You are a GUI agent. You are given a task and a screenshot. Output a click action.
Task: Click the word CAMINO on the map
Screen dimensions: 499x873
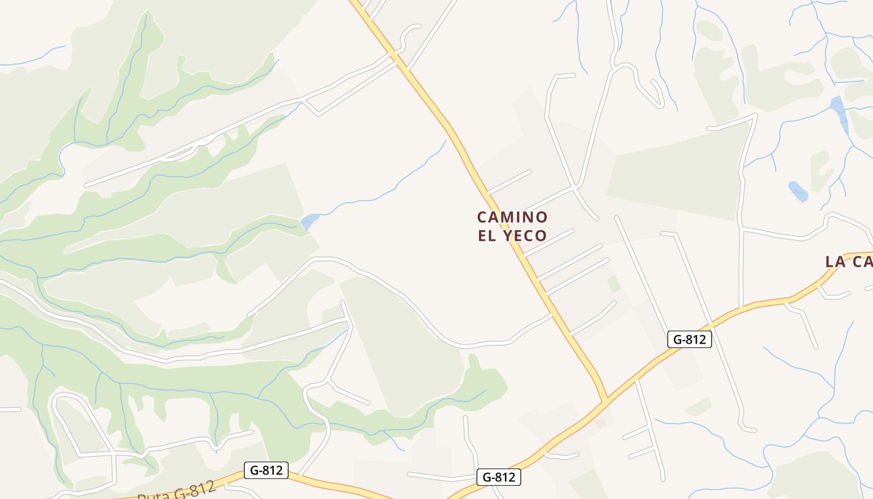click(x=512, y=217)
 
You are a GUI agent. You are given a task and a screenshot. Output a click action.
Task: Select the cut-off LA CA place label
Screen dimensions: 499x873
click(x=848, y=262)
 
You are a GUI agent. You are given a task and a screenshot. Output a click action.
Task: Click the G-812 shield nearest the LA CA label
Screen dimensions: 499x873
click(x=689, y=339)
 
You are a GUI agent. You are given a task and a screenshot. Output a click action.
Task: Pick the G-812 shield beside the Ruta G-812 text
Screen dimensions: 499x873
click(x=266, y=470)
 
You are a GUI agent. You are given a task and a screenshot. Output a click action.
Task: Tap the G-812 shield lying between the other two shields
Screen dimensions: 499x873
click(x=499, y=477)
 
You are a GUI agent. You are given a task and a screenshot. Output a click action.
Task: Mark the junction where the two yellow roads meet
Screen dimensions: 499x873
click(x=604, y=402)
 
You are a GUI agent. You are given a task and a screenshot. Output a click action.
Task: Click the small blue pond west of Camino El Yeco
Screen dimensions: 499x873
click(x=310, y=221)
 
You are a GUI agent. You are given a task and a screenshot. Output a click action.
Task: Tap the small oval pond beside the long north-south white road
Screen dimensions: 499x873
click(x=798, y=191)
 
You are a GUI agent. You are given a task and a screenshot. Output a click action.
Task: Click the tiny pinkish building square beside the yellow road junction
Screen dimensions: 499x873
click(x=600, y=423)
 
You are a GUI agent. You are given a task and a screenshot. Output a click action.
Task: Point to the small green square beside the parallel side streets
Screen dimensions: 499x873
click(x=614, y=284)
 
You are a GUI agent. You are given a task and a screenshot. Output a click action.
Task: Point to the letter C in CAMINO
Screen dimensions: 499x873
click(x=482, y=217)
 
